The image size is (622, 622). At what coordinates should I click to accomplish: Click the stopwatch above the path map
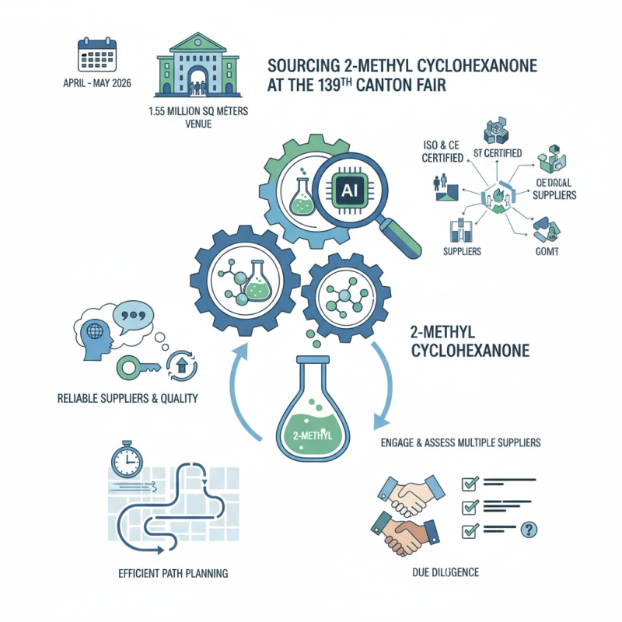pos(125,460)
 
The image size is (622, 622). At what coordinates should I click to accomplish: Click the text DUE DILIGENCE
pos(446,573)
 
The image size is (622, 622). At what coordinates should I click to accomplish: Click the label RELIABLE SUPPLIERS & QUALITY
pos(128,399)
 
